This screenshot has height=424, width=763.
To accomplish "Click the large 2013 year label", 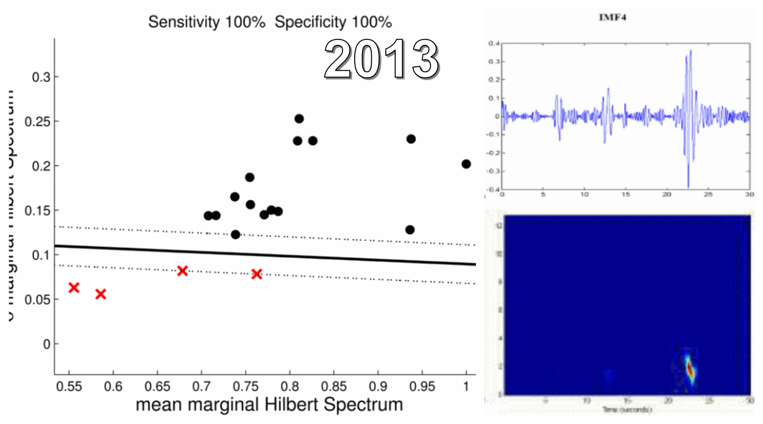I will [381, 59].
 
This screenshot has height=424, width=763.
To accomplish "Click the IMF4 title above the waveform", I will [612, 18].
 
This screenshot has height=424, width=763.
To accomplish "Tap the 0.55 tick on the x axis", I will [69, 386].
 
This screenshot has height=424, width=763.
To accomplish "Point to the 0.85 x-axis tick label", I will [334, 386].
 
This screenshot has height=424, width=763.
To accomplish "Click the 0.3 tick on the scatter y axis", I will [41, 77].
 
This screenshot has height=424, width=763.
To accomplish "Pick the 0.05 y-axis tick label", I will [38, 300].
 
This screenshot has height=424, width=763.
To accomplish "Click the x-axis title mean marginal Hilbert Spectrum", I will [269, 405].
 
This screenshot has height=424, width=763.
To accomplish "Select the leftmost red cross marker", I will [74, 288].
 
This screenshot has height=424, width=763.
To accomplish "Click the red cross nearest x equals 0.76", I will [257, 274].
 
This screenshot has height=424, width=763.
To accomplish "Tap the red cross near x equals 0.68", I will [182, 270].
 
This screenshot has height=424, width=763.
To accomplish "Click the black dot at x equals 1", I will [466, 164].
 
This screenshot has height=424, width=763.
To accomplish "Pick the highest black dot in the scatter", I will [299, 119].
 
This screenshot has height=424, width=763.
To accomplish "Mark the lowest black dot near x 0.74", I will [235, 234].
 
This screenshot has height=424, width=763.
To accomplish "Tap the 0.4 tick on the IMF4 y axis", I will [495, 44].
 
